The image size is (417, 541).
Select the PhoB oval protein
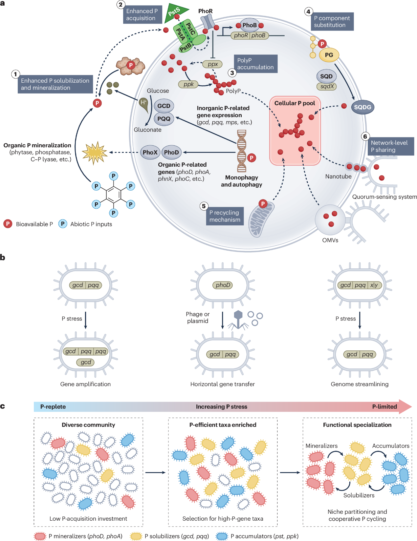[250, 25]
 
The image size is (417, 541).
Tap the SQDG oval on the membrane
[362, 107]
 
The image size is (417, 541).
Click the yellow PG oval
[329, 55]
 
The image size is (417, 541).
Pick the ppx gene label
[213, 64]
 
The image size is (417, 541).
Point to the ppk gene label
[188, 84]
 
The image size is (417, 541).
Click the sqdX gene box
[327, 86]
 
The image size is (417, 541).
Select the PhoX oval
[150, 152]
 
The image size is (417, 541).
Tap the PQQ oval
[164, 119]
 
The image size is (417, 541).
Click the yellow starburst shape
[95, 153]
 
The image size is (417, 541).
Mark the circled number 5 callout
[204, 206]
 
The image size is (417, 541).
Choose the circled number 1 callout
[15, 74]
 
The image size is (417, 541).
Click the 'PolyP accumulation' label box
[255, 64]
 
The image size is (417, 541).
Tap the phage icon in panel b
[238, 320]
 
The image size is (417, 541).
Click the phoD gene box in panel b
[223, 285]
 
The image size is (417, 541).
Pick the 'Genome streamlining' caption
[360, 384]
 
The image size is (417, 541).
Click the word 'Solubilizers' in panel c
[359, 495]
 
